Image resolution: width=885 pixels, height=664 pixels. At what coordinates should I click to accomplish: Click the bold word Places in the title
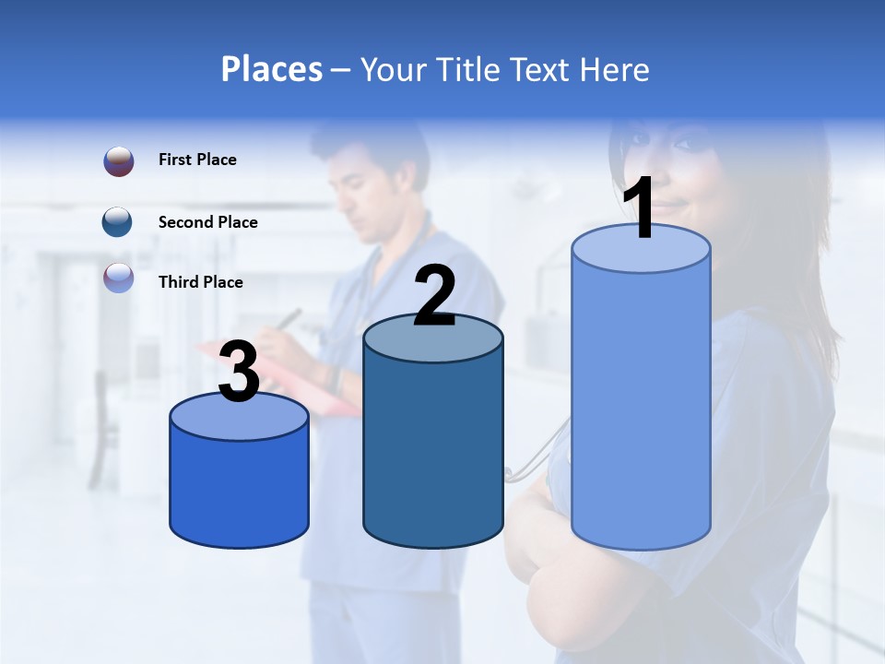(x=272, y=69)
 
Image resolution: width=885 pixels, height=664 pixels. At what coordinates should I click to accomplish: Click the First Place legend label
(x=197, y=160)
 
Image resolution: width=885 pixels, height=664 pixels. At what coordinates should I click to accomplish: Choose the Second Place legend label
(x=207, y=222)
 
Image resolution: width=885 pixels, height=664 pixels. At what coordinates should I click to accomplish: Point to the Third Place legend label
(x=200, y=282)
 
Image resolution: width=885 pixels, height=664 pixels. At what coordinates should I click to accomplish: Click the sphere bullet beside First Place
(x=118, y=161)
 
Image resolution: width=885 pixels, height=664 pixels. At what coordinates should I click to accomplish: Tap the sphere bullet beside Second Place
(x=118, y=222)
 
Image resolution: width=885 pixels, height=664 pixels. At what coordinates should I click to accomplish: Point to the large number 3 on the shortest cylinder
(x=239, y=372)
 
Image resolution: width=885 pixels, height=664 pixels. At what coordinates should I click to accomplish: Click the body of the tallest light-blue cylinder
(x=641, y=406)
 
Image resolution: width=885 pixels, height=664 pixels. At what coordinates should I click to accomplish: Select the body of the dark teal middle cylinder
(x=433, y=452)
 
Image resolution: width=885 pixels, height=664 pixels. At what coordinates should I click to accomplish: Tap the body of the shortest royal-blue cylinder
(x=239, y=489)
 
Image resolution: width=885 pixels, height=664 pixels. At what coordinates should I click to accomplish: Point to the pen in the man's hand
(x=290, y=318)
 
